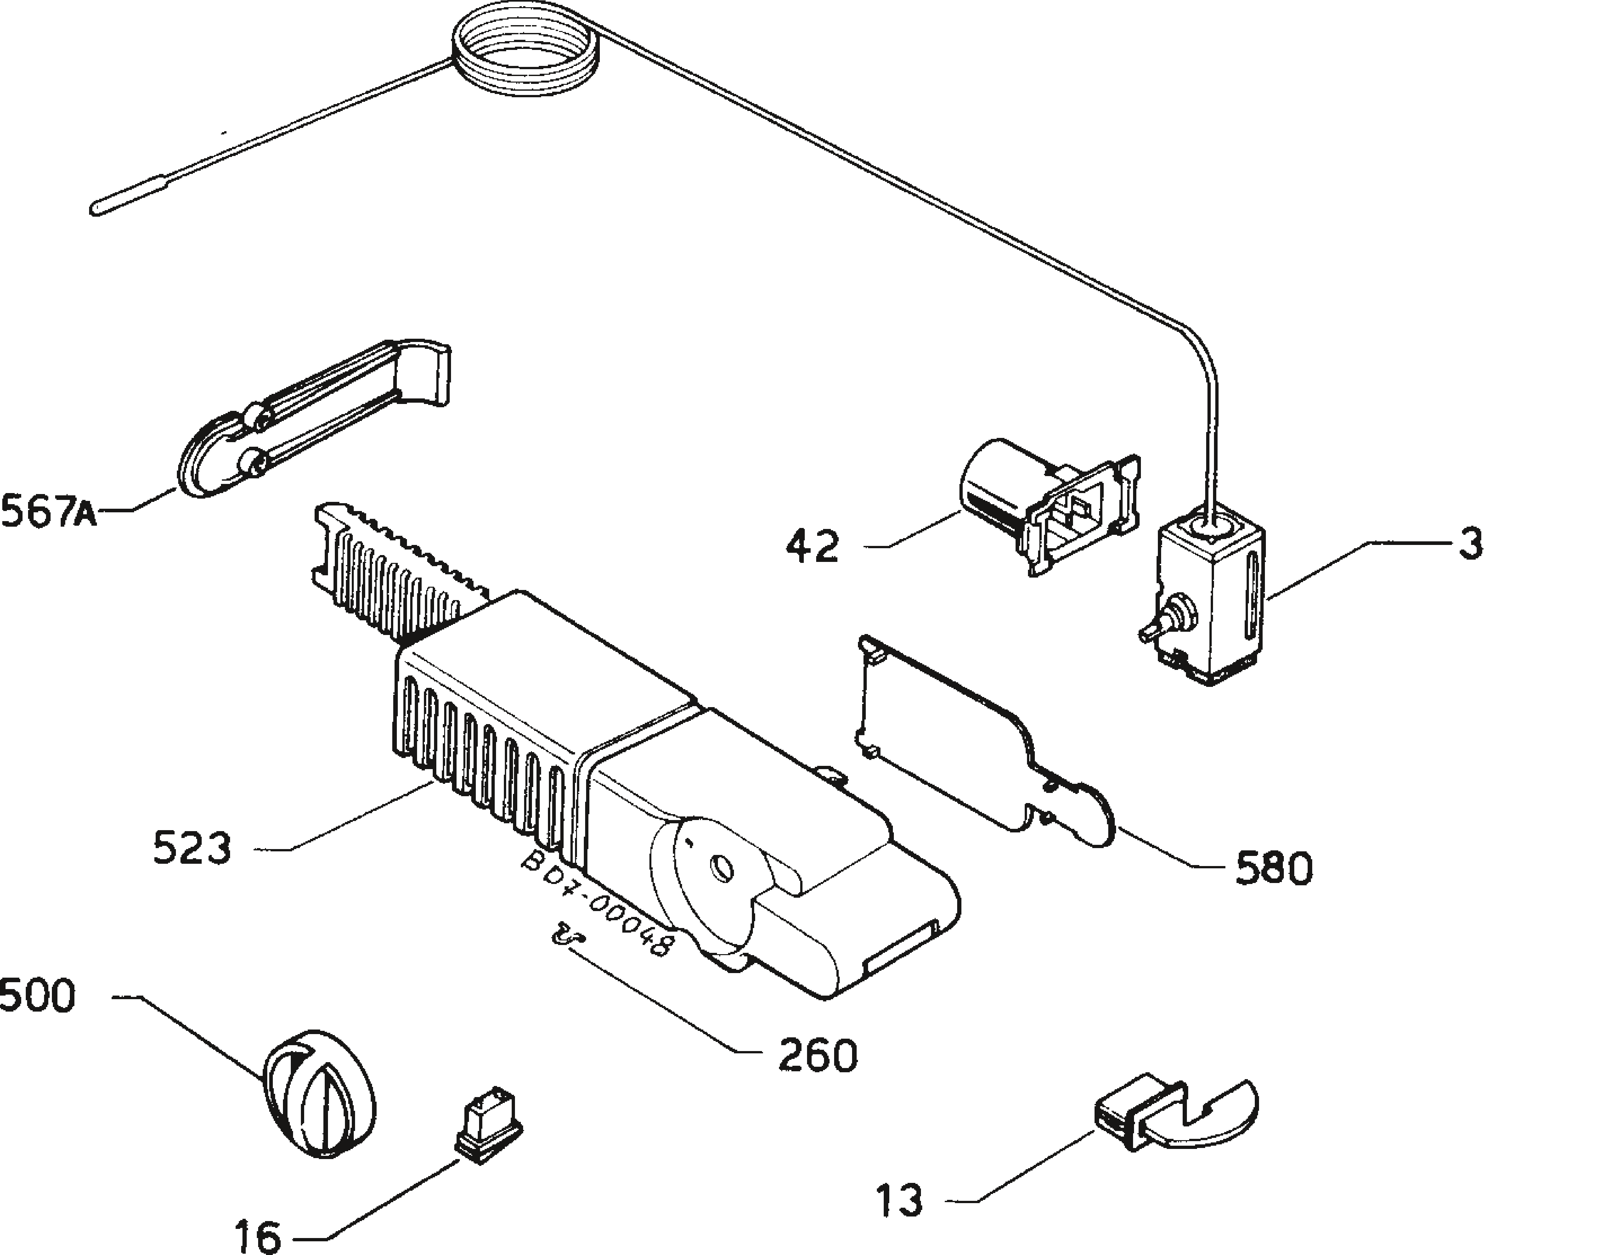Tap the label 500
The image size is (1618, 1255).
click(x=37, y=996)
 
